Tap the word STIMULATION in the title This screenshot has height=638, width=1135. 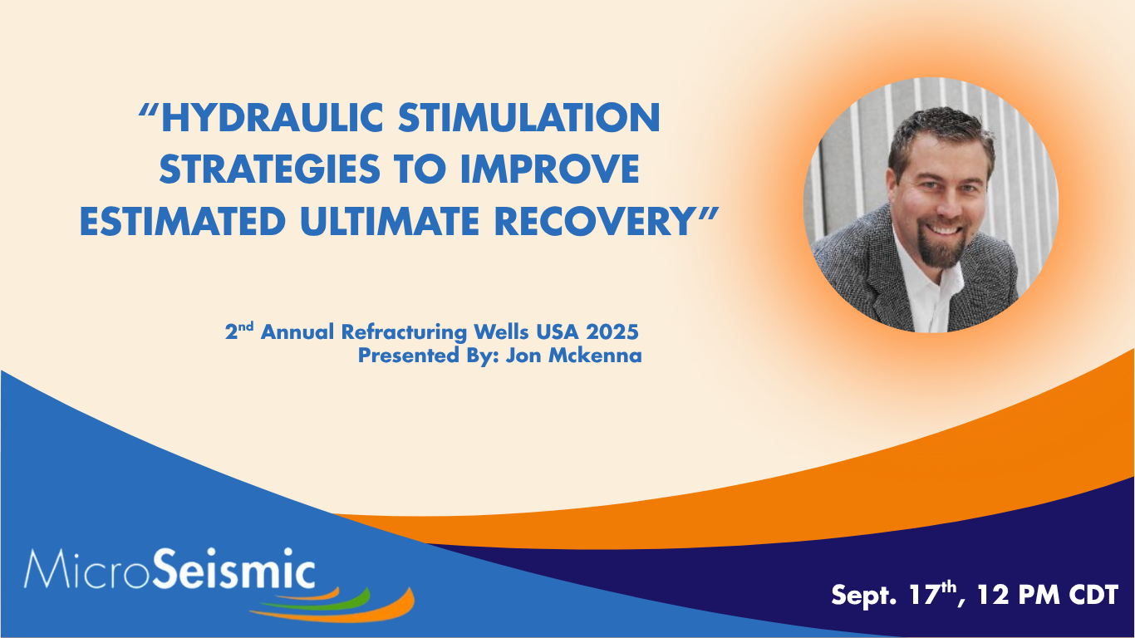click(529, 118)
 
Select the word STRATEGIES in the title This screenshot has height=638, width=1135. click(270, 169)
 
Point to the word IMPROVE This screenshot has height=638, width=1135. click(550, 169)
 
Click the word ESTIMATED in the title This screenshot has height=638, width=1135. click(183, 222)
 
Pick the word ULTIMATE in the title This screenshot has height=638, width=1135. click(390, 222)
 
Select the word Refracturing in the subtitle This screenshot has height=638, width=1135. click(404, 333)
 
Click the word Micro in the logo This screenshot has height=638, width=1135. click(86, 569)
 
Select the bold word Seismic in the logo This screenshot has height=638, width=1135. click(233, 568)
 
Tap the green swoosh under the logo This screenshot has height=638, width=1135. click(317, 601)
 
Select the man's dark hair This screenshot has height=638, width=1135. click(940, 132)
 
